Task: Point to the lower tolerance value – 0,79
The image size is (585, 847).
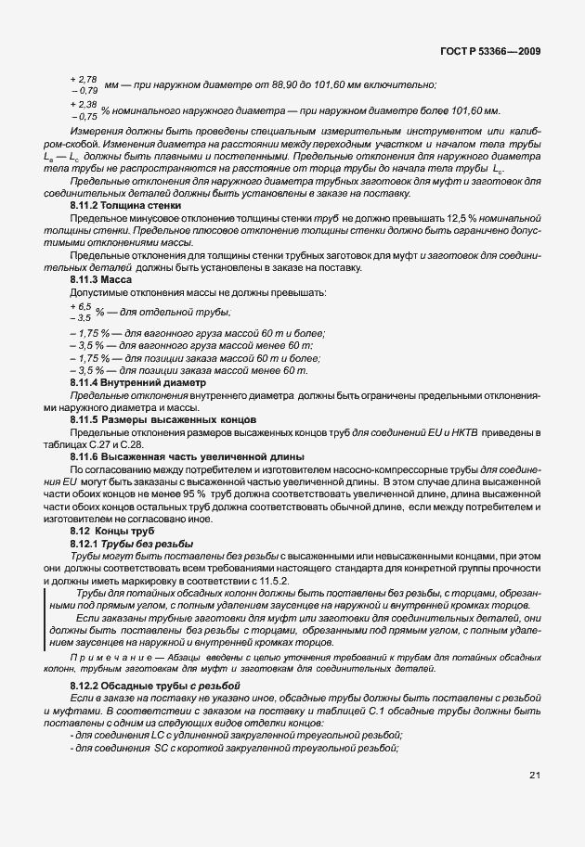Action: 84,91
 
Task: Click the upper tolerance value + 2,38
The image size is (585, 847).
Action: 84,106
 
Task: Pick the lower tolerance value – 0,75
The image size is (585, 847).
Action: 84,117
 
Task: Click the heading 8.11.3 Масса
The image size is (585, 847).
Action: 101,279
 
